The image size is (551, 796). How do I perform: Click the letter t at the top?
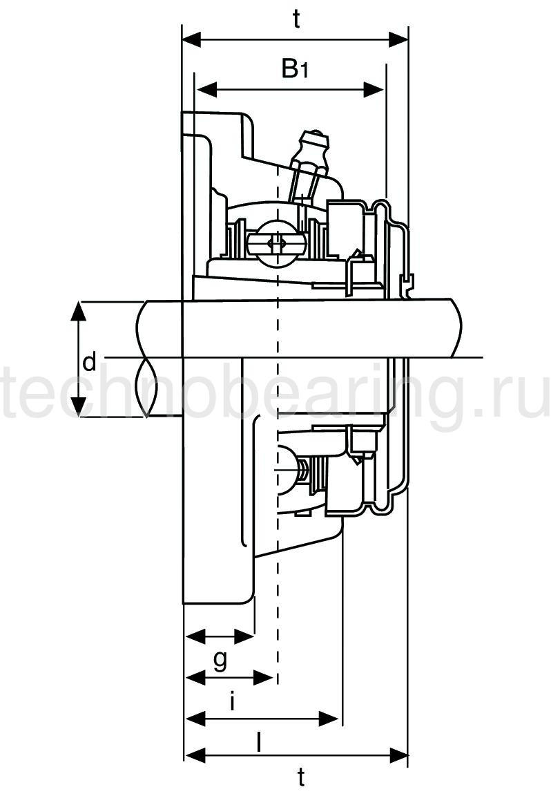pyautogui.click(x=296, y=19)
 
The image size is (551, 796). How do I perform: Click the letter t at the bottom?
pyautogui.click(x=301, y=777)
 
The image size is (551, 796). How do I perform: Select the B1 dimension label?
pyautogui.click(x=295, y=68)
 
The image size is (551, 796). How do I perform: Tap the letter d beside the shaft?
pyautogui.click(x=89, y=362)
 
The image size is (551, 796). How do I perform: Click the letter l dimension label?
pyautogui.click(x=259, y=743)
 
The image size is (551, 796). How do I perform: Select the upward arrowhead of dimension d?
pyautogui.click(x=77, y=311)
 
